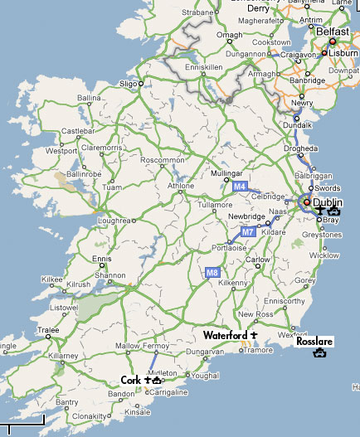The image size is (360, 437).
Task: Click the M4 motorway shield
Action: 240,187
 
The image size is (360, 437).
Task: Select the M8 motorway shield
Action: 213,270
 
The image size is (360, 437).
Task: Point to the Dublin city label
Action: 327,202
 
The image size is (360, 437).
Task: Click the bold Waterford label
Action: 226,334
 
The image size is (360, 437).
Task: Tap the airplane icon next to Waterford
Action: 254,334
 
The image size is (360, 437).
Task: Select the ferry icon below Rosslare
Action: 319,354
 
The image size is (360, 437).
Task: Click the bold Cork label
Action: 130,380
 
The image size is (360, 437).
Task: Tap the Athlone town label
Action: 157,186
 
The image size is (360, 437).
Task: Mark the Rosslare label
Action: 315,340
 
